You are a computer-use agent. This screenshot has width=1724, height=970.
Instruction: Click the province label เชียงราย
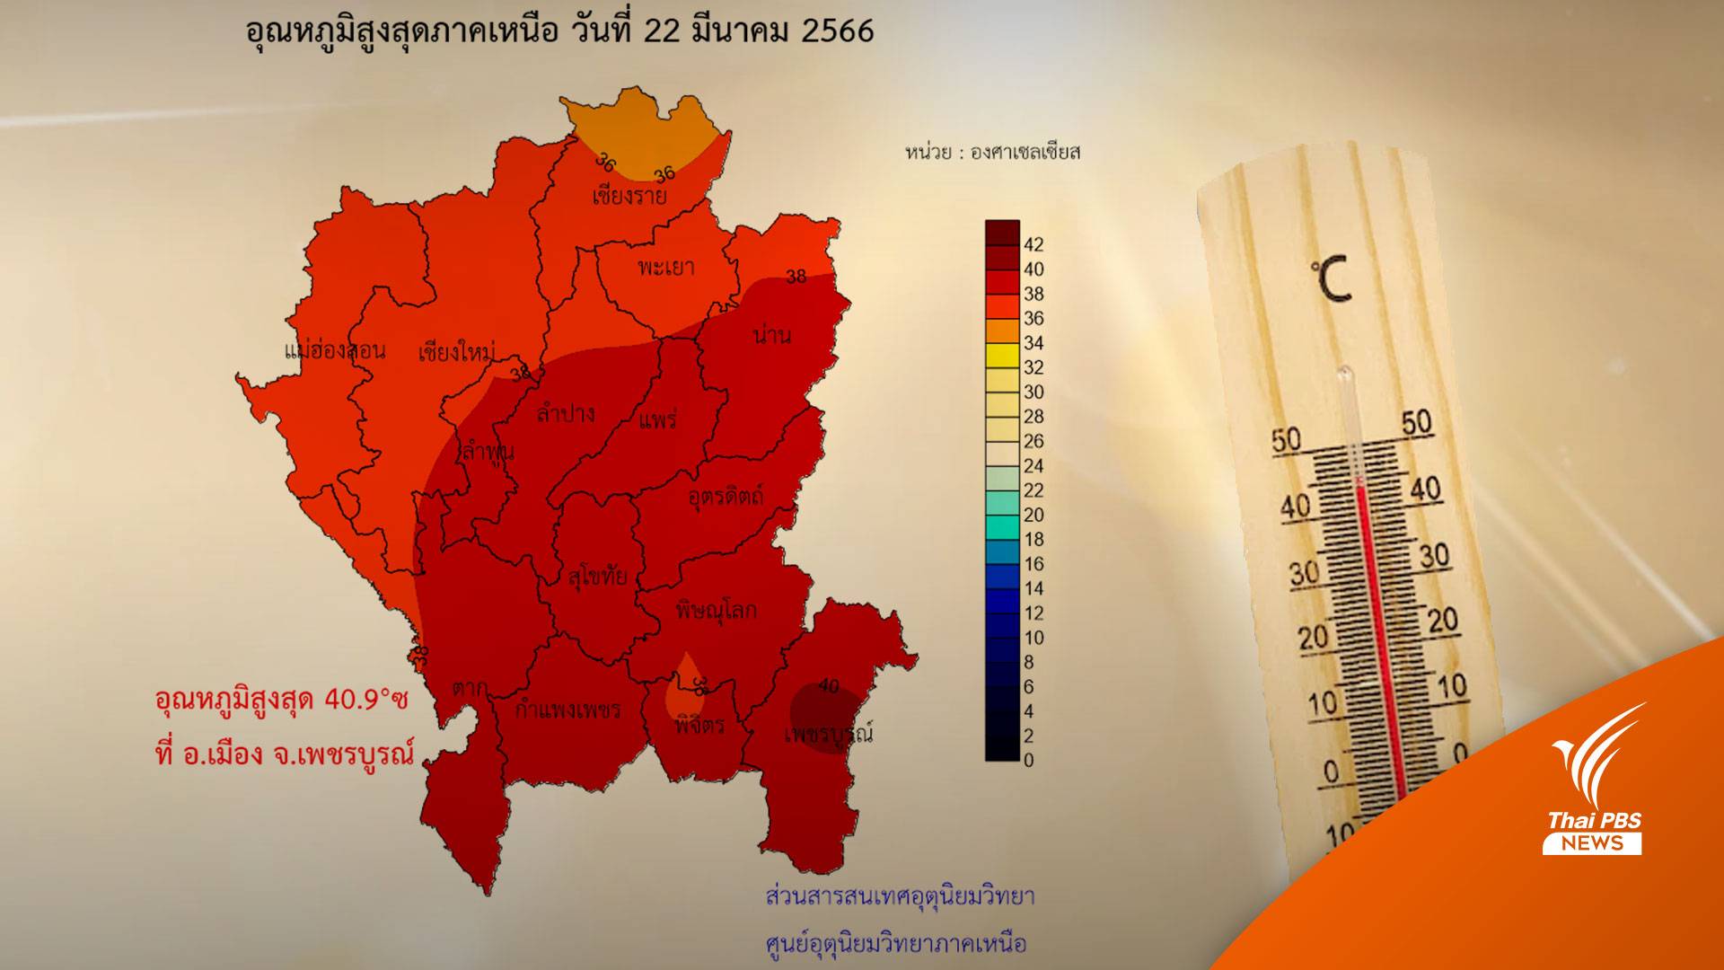point(629,196)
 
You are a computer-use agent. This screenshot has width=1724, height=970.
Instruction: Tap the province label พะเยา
point(665,267)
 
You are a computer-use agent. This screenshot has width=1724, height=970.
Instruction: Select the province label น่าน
point(772,336)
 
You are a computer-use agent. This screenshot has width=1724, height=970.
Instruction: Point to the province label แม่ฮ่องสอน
point(334,350)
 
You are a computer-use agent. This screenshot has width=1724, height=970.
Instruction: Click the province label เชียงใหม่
point(457,352)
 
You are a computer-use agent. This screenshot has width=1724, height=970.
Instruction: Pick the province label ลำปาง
point(566,414)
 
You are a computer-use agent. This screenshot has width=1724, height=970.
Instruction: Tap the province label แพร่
point(657,419)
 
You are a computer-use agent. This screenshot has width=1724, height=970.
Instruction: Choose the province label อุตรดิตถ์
point(726,495)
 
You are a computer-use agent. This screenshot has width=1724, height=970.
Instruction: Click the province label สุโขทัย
point(597,578)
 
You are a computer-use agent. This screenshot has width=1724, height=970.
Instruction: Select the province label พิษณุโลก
point(716,611)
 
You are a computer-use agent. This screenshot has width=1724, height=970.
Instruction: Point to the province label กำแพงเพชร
point(567,710)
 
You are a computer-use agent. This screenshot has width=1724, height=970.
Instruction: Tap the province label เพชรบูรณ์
point(828,735)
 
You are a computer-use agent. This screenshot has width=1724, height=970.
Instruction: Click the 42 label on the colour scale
point(1034,244)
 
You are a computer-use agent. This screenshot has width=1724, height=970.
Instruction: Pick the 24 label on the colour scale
point(1034,465)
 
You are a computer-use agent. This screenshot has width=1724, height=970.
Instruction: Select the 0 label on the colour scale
point(1029,760)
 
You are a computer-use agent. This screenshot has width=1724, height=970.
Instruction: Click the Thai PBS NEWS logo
point(1593,790)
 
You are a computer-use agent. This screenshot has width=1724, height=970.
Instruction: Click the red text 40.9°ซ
point(366,700)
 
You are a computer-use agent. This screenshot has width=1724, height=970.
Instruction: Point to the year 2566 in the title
point(836,31)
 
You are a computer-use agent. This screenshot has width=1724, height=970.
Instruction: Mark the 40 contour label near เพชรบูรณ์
point(828,686)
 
